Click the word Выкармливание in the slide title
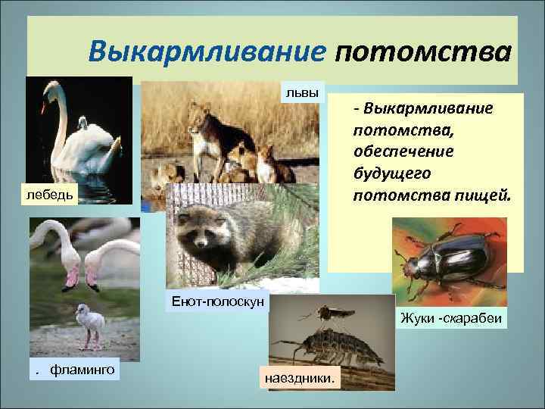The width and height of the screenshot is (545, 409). coord(207,53)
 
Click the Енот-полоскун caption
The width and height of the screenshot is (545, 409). coord(217,301)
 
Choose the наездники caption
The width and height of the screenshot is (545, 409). coord(301,376)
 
